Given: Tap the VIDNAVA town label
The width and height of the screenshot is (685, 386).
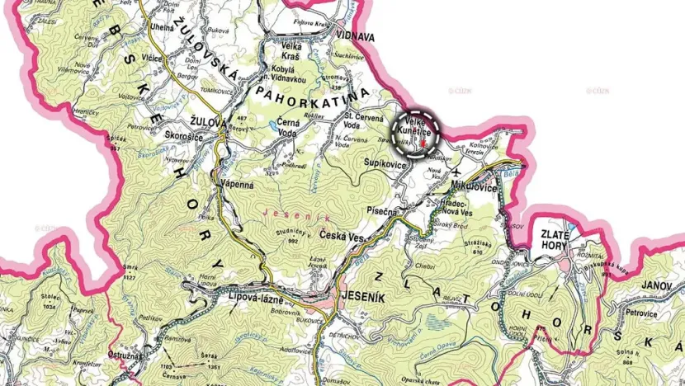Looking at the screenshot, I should [356, 37].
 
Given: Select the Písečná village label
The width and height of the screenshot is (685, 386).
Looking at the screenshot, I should [385, 211].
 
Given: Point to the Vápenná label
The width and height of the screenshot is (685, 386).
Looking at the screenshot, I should [237, 186].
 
